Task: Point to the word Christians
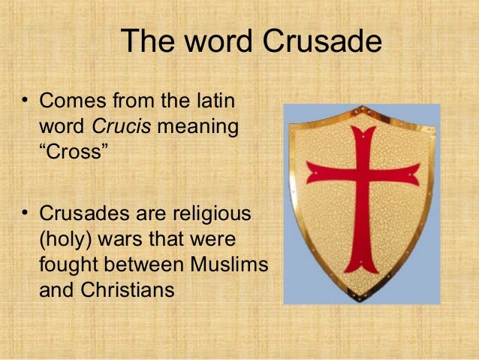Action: pos(123,291)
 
